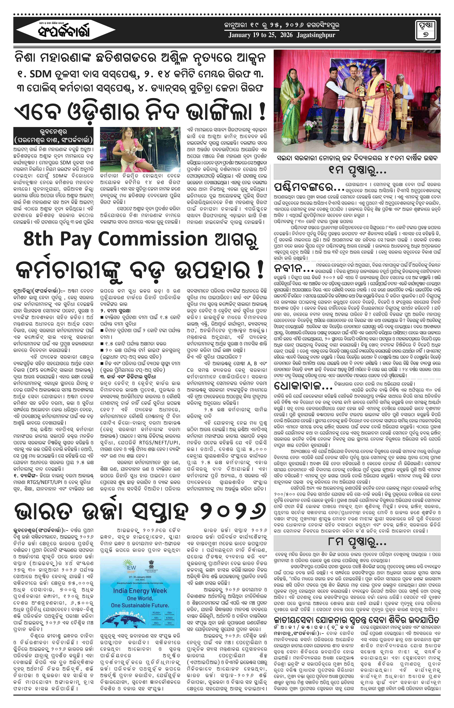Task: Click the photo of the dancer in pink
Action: coord(140,150)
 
